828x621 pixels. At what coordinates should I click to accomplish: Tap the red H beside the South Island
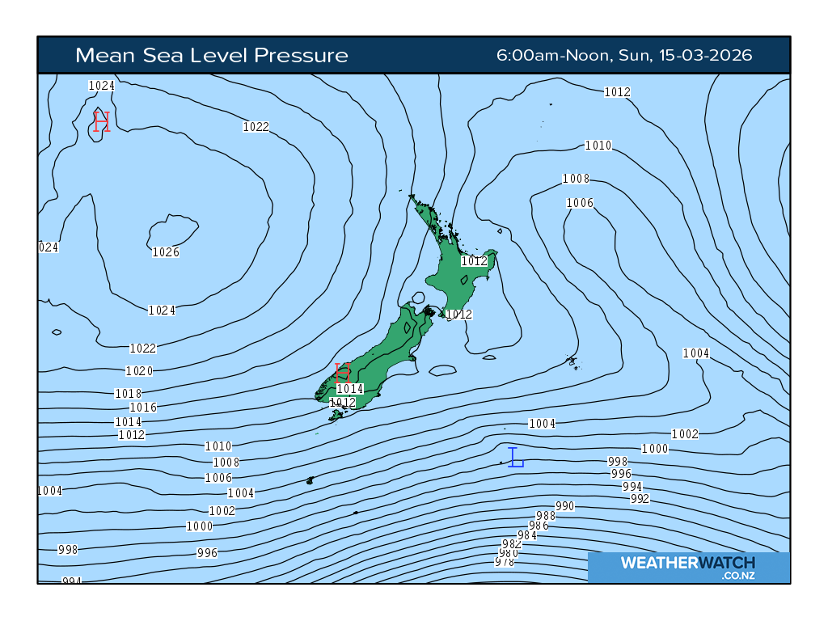point(342,373)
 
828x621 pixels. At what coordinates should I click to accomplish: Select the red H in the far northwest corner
point(101,122)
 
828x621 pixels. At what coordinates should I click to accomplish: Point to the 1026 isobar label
point(166,252)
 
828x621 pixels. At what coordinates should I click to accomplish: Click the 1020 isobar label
point(139,371)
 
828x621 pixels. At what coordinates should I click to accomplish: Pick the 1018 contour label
point(129,394)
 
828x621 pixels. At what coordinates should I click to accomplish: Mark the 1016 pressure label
point(143,408)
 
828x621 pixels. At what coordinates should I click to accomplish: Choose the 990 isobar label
point(564,506)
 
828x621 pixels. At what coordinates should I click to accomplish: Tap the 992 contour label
point(640,499)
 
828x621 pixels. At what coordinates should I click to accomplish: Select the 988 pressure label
point(546,516)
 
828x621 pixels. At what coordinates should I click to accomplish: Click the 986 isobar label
point(539,526)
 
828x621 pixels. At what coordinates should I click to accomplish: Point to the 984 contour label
point(527,535)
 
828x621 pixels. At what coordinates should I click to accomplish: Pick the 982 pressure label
point(512,544)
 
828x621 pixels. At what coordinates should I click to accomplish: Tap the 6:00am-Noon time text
point(555,55)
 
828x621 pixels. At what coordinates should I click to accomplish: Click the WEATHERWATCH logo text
point(687,563)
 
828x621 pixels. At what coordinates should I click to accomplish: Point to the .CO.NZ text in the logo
point(738,575)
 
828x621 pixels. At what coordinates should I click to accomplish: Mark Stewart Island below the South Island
point(336,416)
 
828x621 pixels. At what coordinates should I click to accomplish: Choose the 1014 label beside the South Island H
point(350,389)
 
